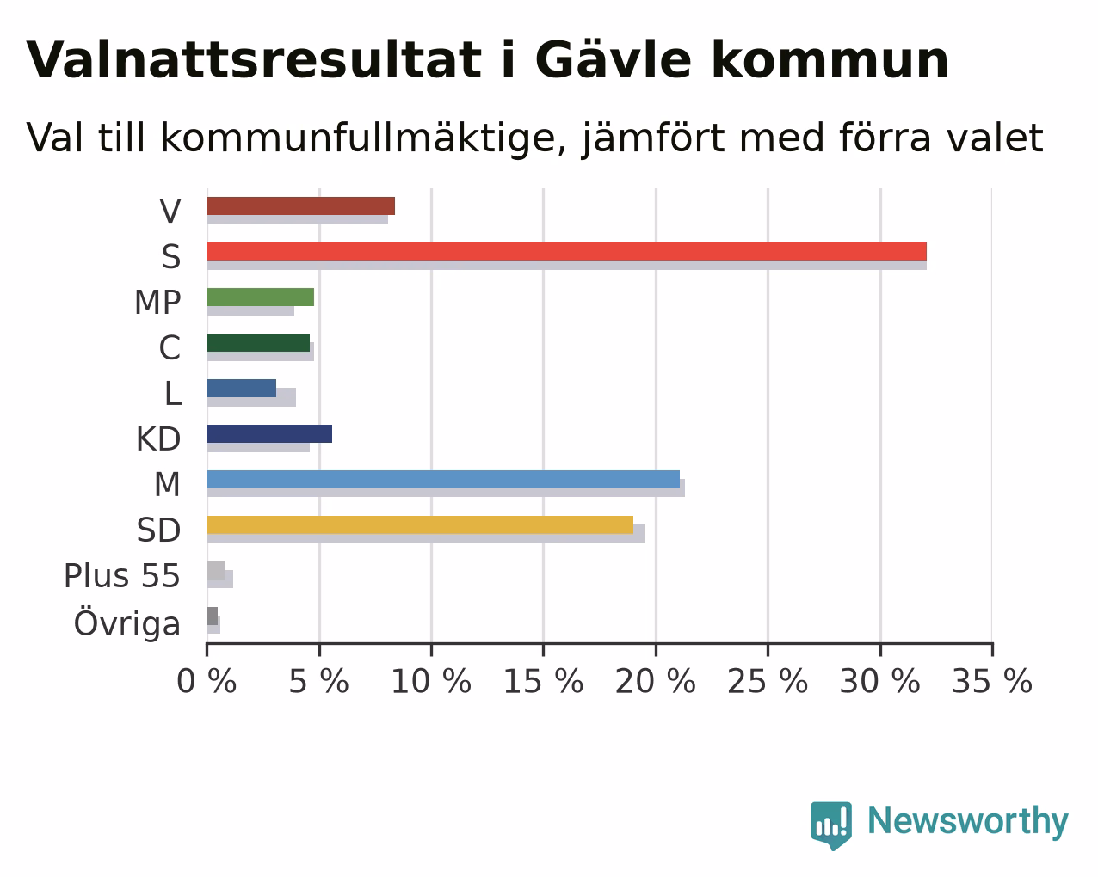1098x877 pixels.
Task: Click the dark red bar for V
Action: tap(300, 206)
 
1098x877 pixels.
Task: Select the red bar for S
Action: tap(566, 252)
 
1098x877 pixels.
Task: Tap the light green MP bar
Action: tap(260, 297)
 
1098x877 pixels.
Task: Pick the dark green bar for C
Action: tap(258, 343)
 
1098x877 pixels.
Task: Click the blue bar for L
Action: tap(241, 389)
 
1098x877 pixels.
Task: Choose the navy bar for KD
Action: tap(269, 434)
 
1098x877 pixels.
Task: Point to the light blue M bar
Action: tap(443, 479)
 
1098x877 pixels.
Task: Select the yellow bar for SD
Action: tap(420, 525)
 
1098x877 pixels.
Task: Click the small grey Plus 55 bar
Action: tap(215, 571)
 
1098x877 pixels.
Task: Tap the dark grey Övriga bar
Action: tap(213, 616)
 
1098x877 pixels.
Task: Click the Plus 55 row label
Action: tap(122, 576)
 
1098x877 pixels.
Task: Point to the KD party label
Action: tap(158, 439)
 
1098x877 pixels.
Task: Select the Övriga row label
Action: tap(127, 622)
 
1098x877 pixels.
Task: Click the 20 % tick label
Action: tap(656, 682)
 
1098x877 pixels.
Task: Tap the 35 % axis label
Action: tap(992, 682)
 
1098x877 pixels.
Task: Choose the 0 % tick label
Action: tap(207, 682)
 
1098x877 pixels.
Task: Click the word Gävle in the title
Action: tap(614, 60)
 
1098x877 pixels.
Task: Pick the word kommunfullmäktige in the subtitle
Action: tap(364, 138)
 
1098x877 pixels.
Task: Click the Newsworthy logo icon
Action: tap(831, 825)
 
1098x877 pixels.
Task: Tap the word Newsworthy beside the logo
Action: tap(968, 822)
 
